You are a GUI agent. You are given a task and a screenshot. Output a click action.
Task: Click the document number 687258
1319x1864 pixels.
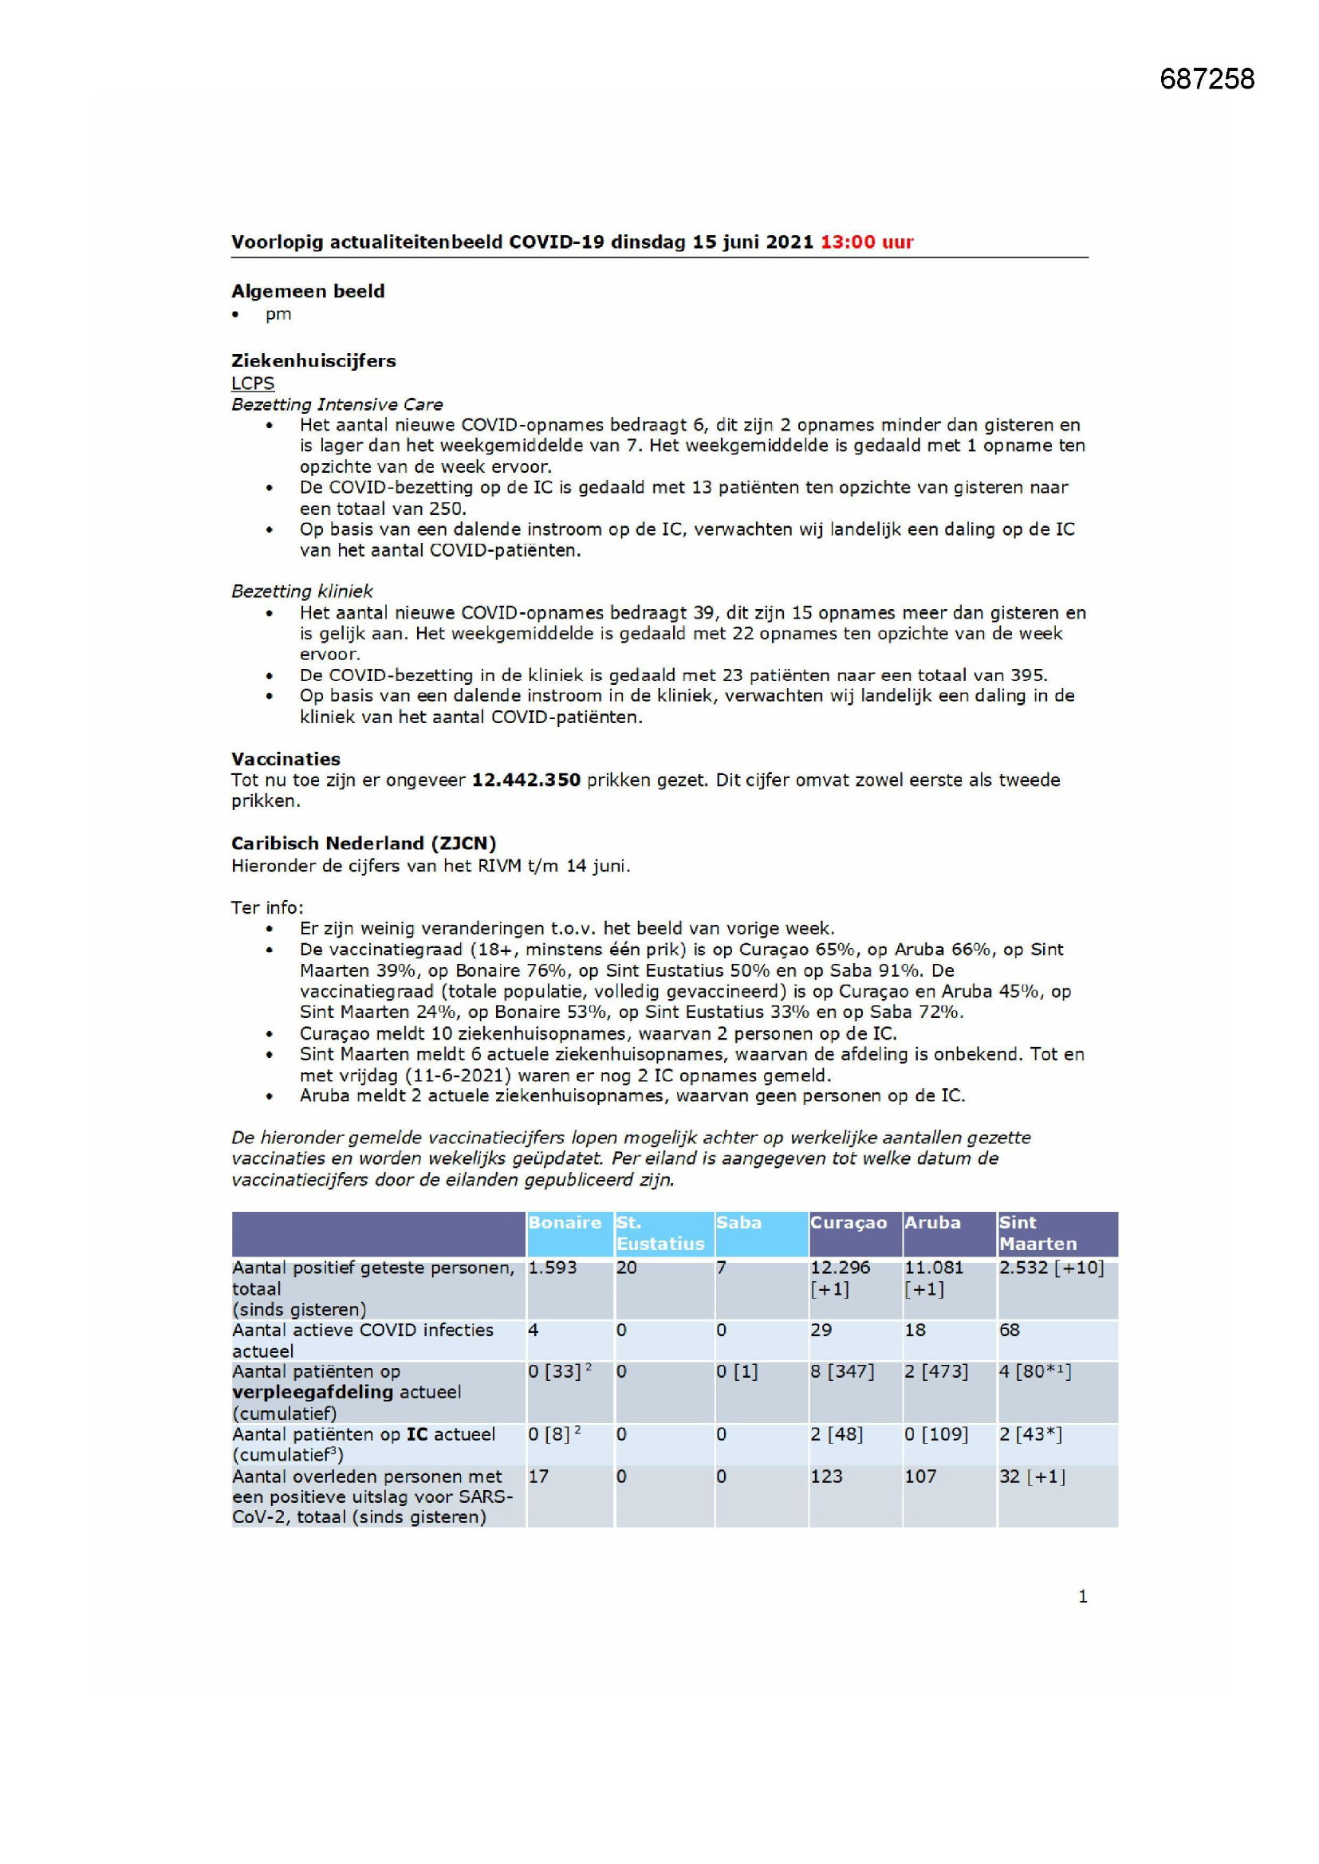(x=1206, y=79)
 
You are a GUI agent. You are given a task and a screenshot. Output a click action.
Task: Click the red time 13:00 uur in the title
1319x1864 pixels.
(x=867, y=242)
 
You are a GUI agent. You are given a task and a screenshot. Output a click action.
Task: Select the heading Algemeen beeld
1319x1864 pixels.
(x=308, y=291)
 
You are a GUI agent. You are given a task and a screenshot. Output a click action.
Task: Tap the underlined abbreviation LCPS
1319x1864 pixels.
(x=253, y=383)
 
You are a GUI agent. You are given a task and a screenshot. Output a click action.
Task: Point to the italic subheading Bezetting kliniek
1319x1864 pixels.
(x=302, y=591)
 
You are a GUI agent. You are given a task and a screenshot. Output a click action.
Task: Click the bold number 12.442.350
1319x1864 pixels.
(x=526, y=781)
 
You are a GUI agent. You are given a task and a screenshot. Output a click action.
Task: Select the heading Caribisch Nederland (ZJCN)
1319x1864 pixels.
(x=363, y=844)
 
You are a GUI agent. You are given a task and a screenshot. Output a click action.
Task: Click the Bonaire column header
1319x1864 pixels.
(x=565, y=1223)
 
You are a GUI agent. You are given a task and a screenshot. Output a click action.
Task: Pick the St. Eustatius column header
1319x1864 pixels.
(x=659, y=1233)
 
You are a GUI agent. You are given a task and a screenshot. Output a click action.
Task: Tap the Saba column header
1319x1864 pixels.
(x=738, y=1223)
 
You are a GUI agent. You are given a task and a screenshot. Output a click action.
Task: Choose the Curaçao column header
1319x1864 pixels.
(x=848, y=1223)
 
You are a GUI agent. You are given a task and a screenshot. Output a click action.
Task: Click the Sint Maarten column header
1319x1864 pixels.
(x=1037, y=1233)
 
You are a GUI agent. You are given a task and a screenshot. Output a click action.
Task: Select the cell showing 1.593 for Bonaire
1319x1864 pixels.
(x=553, y=1268)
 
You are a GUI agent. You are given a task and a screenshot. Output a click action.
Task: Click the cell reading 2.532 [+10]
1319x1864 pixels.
(x=1051, y=1268)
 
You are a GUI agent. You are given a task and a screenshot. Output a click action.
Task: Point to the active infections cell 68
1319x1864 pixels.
(x=1010, y=1331)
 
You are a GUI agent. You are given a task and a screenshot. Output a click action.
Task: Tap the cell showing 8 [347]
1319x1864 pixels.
(x=841, y=1372)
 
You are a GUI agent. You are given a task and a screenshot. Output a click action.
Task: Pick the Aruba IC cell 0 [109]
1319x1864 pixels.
(x=935, y=1434)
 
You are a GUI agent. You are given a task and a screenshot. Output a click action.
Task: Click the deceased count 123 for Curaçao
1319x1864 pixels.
(x=826, y=1477)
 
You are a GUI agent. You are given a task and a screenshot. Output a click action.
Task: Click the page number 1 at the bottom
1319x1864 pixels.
(x=1082, y=1597)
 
